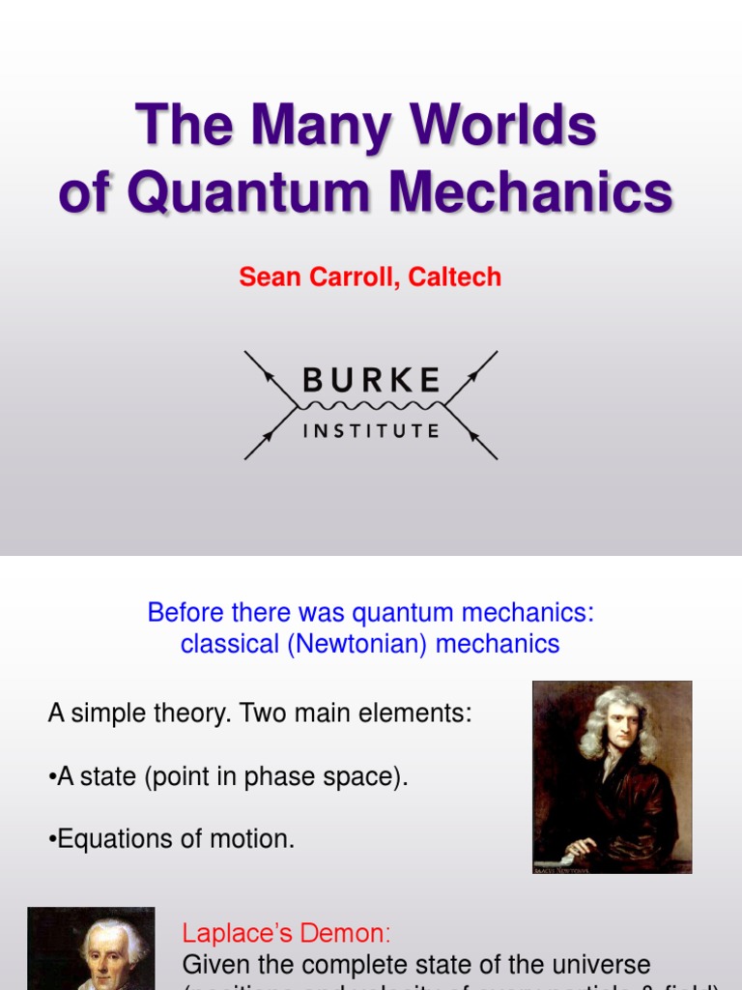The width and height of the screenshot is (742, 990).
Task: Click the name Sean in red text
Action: (x=270, y=277)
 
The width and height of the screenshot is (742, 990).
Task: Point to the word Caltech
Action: (x=454, y=277)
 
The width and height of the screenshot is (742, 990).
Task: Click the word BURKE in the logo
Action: (x=372, y=380)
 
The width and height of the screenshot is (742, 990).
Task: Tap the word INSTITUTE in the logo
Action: (x=372, y=431)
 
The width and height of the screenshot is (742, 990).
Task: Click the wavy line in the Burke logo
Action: (x=372, y=405)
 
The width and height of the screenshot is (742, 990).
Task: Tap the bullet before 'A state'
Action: (x=52, y=778)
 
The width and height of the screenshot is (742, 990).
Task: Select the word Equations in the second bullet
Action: (x=109, y=838)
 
